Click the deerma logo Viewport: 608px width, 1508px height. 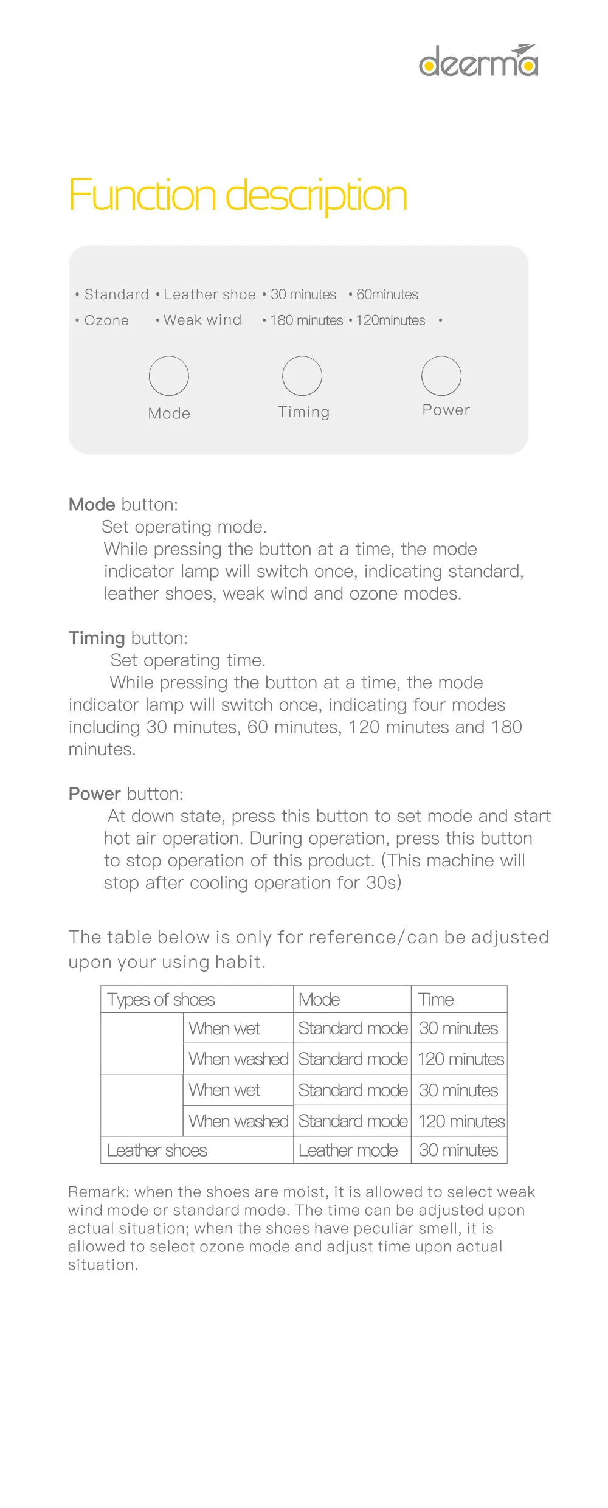pos(478,61)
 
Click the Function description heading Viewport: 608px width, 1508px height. pos(238,196)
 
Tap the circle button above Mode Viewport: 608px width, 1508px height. pos(169,376)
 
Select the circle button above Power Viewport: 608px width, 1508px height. pos(441,376)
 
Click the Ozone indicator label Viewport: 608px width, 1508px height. pos(106,320)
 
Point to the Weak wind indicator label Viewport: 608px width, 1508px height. pos(202,320)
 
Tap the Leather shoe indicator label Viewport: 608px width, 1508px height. pos(209,294)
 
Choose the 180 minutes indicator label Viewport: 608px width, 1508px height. pos(306,320)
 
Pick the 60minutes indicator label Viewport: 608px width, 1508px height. pos(387,294)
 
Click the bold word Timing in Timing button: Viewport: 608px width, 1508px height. pos(97,638)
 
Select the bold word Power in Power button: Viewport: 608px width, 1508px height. pos(95,794)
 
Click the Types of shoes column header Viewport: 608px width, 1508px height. pos(161,1000)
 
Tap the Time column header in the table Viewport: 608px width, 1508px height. pos(436,1000)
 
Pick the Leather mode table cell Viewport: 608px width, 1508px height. pos(348,1150)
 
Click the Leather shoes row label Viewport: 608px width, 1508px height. pos(157,1150)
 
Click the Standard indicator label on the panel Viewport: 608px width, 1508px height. pos(116,294)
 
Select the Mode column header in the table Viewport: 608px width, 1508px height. pos(319,1000)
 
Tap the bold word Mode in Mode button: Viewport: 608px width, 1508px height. pos(92,504)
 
